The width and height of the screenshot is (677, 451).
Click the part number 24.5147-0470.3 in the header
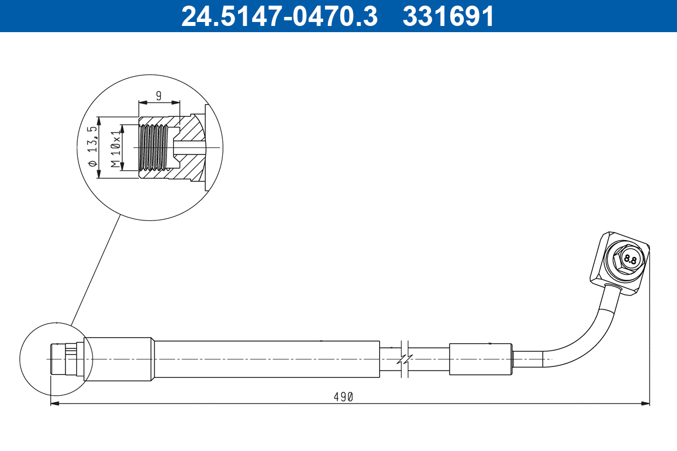click(x=279, y=16)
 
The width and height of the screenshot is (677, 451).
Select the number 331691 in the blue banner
click(x=448, y=16)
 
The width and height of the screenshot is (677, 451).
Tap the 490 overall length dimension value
click(x=343, y=397)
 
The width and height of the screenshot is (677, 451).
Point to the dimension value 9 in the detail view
click(x=159, y=96)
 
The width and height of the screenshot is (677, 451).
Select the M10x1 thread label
click(x=116, y=148)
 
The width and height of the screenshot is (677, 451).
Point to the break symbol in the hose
click(x=405, y=359)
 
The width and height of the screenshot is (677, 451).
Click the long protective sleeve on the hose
click(x=266, y=359)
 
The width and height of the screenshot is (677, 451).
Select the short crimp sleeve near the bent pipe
click(x=481, y=359)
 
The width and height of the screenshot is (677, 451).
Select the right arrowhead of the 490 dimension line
click(x=646, y=403)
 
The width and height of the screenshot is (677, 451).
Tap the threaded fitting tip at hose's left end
click(x=59, y=359)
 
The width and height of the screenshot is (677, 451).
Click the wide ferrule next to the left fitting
click(x=118, y=359)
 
